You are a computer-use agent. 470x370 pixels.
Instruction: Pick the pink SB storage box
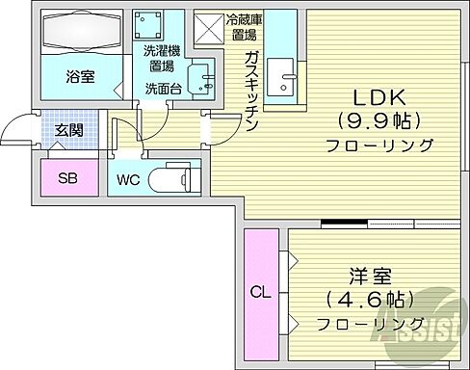click(67, 178)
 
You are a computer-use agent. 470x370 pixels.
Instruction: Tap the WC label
click(129, 179)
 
